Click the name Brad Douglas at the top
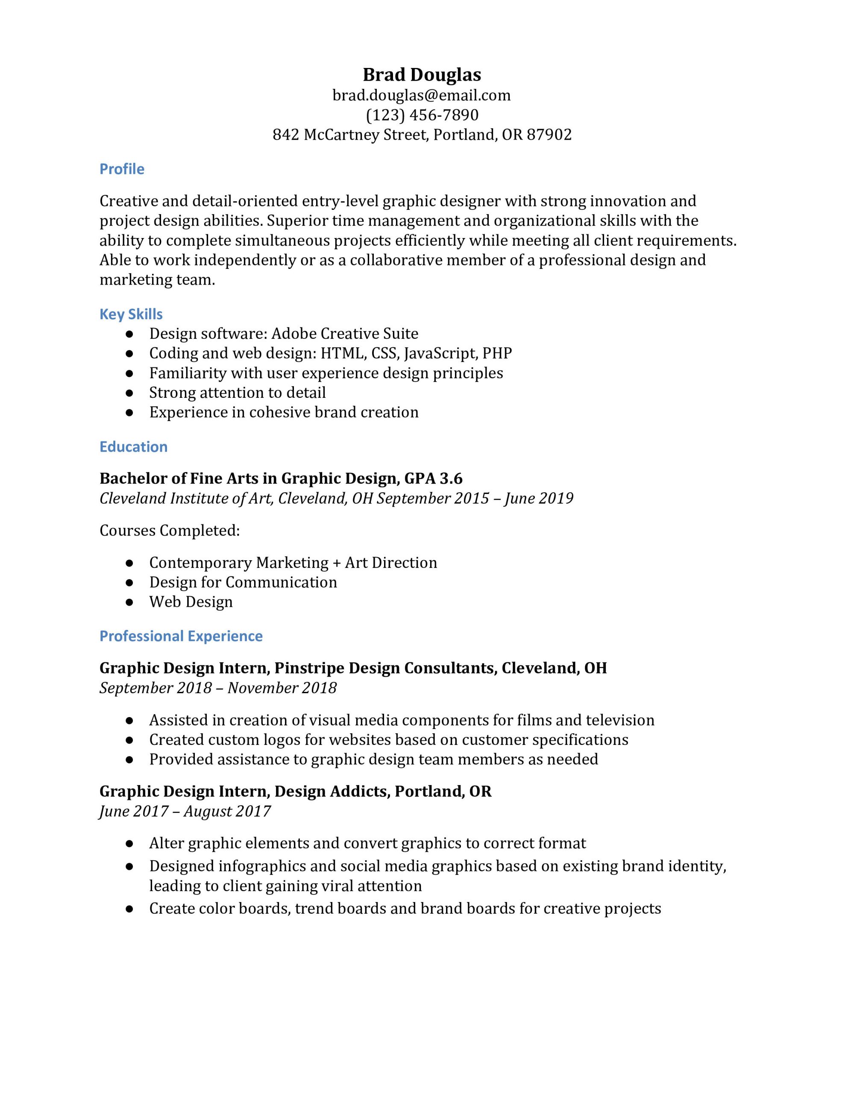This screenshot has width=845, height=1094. [x=422, y=75]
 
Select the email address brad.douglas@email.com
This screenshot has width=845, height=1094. [x=422, y=95]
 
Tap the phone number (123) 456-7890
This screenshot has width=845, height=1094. [x=422, y=115]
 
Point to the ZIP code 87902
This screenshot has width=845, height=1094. [x=549, y=135]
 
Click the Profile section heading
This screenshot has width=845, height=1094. [x=122, y=169]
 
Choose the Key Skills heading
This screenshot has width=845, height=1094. [x=131, y=314]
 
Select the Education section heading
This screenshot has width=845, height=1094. [x=133, y=447]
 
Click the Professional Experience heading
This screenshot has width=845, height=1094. [x=181, y=636]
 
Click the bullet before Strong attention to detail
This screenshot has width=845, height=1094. [x=129, y=393]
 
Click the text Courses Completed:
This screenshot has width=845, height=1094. [x=170, y=530]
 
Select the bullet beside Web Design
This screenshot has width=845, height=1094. [x=129, y=602]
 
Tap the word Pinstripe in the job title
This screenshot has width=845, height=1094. [x=309, y=668]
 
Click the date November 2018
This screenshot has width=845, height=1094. [x=282, y=688]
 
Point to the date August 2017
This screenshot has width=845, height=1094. [x=227, y=812]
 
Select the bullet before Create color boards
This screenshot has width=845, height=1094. [x=129, y=909]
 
